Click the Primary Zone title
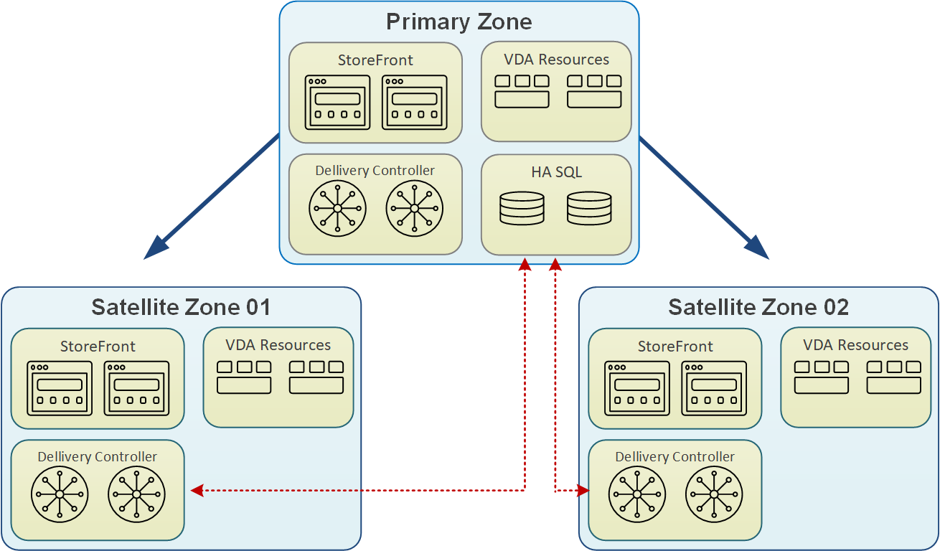click(x=459, y=22)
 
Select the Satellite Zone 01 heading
click(x=181, y=308)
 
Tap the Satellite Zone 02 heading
click(x=758, y=308)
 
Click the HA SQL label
click(x=556, y=172)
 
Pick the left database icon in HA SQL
click(x=522, y=208)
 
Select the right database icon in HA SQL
click(x=589, y=208)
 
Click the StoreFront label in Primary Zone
click(x=375, y=60)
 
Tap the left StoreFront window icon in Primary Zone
click(x=337, y=103)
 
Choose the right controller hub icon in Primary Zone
click(x=414, y=208)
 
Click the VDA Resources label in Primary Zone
click(x=556, y=60)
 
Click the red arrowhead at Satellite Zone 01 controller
click(x=197, y=491)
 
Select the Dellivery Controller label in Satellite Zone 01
click(x=97, y=457)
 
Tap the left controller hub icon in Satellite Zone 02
click(x=637, y=495)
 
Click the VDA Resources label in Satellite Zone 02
click(x=855, y=345)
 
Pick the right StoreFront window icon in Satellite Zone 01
click(x=136, y=388)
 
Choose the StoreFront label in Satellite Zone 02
click(x=675, y=347)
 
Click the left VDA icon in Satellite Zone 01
click(x=244, y=377)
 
